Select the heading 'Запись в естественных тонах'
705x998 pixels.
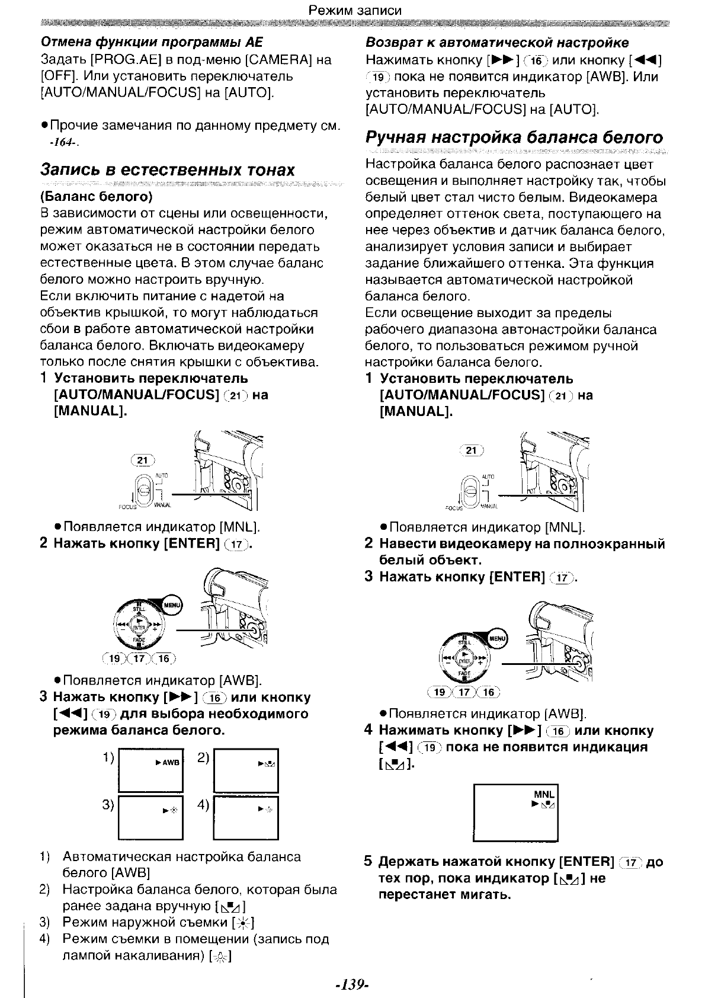[x=167, y=170]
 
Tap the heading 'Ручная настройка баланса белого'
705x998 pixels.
[x=514, y=138]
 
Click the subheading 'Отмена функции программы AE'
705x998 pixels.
[x=151, y=43]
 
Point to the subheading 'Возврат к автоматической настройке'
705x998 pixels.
[x=497, y=43]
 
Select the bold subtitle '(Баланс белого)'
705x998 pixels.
[x=97, y=196]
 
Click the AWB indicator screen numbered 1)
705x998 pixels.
[x=151, y=770]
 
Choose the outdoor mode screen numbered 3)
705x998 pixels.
[x=151, y=818]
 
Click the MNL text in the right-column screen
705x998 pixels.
[x=543, y=794]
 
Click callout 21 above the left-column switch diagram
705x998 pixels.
[x=142, y=460]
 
